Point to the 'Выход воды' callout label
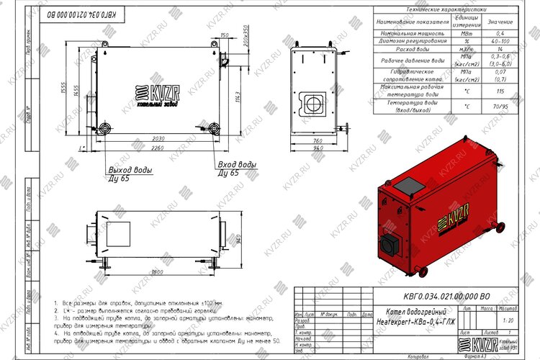pyautogui.click(x=130, y=168)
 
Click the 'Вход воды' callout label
pyautogui.click(x=236, y=165)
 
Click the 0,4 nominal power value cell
pyautogui.click(x=500, y=33)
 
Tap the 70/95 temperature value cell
pyautogui.click(x=500, y=107)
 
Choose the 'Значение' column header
pyautogui.click(x=500, y=22)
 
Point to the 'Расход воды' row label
pyautogui.click(x=413, y=48)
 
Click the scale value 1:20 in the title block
pyautogui.click(x=509, y=320)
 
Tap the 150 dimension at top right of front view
pyautogui.click(x=225, y=35)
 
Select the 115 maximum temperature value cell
pyautogui.click(x=500, y=92)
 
